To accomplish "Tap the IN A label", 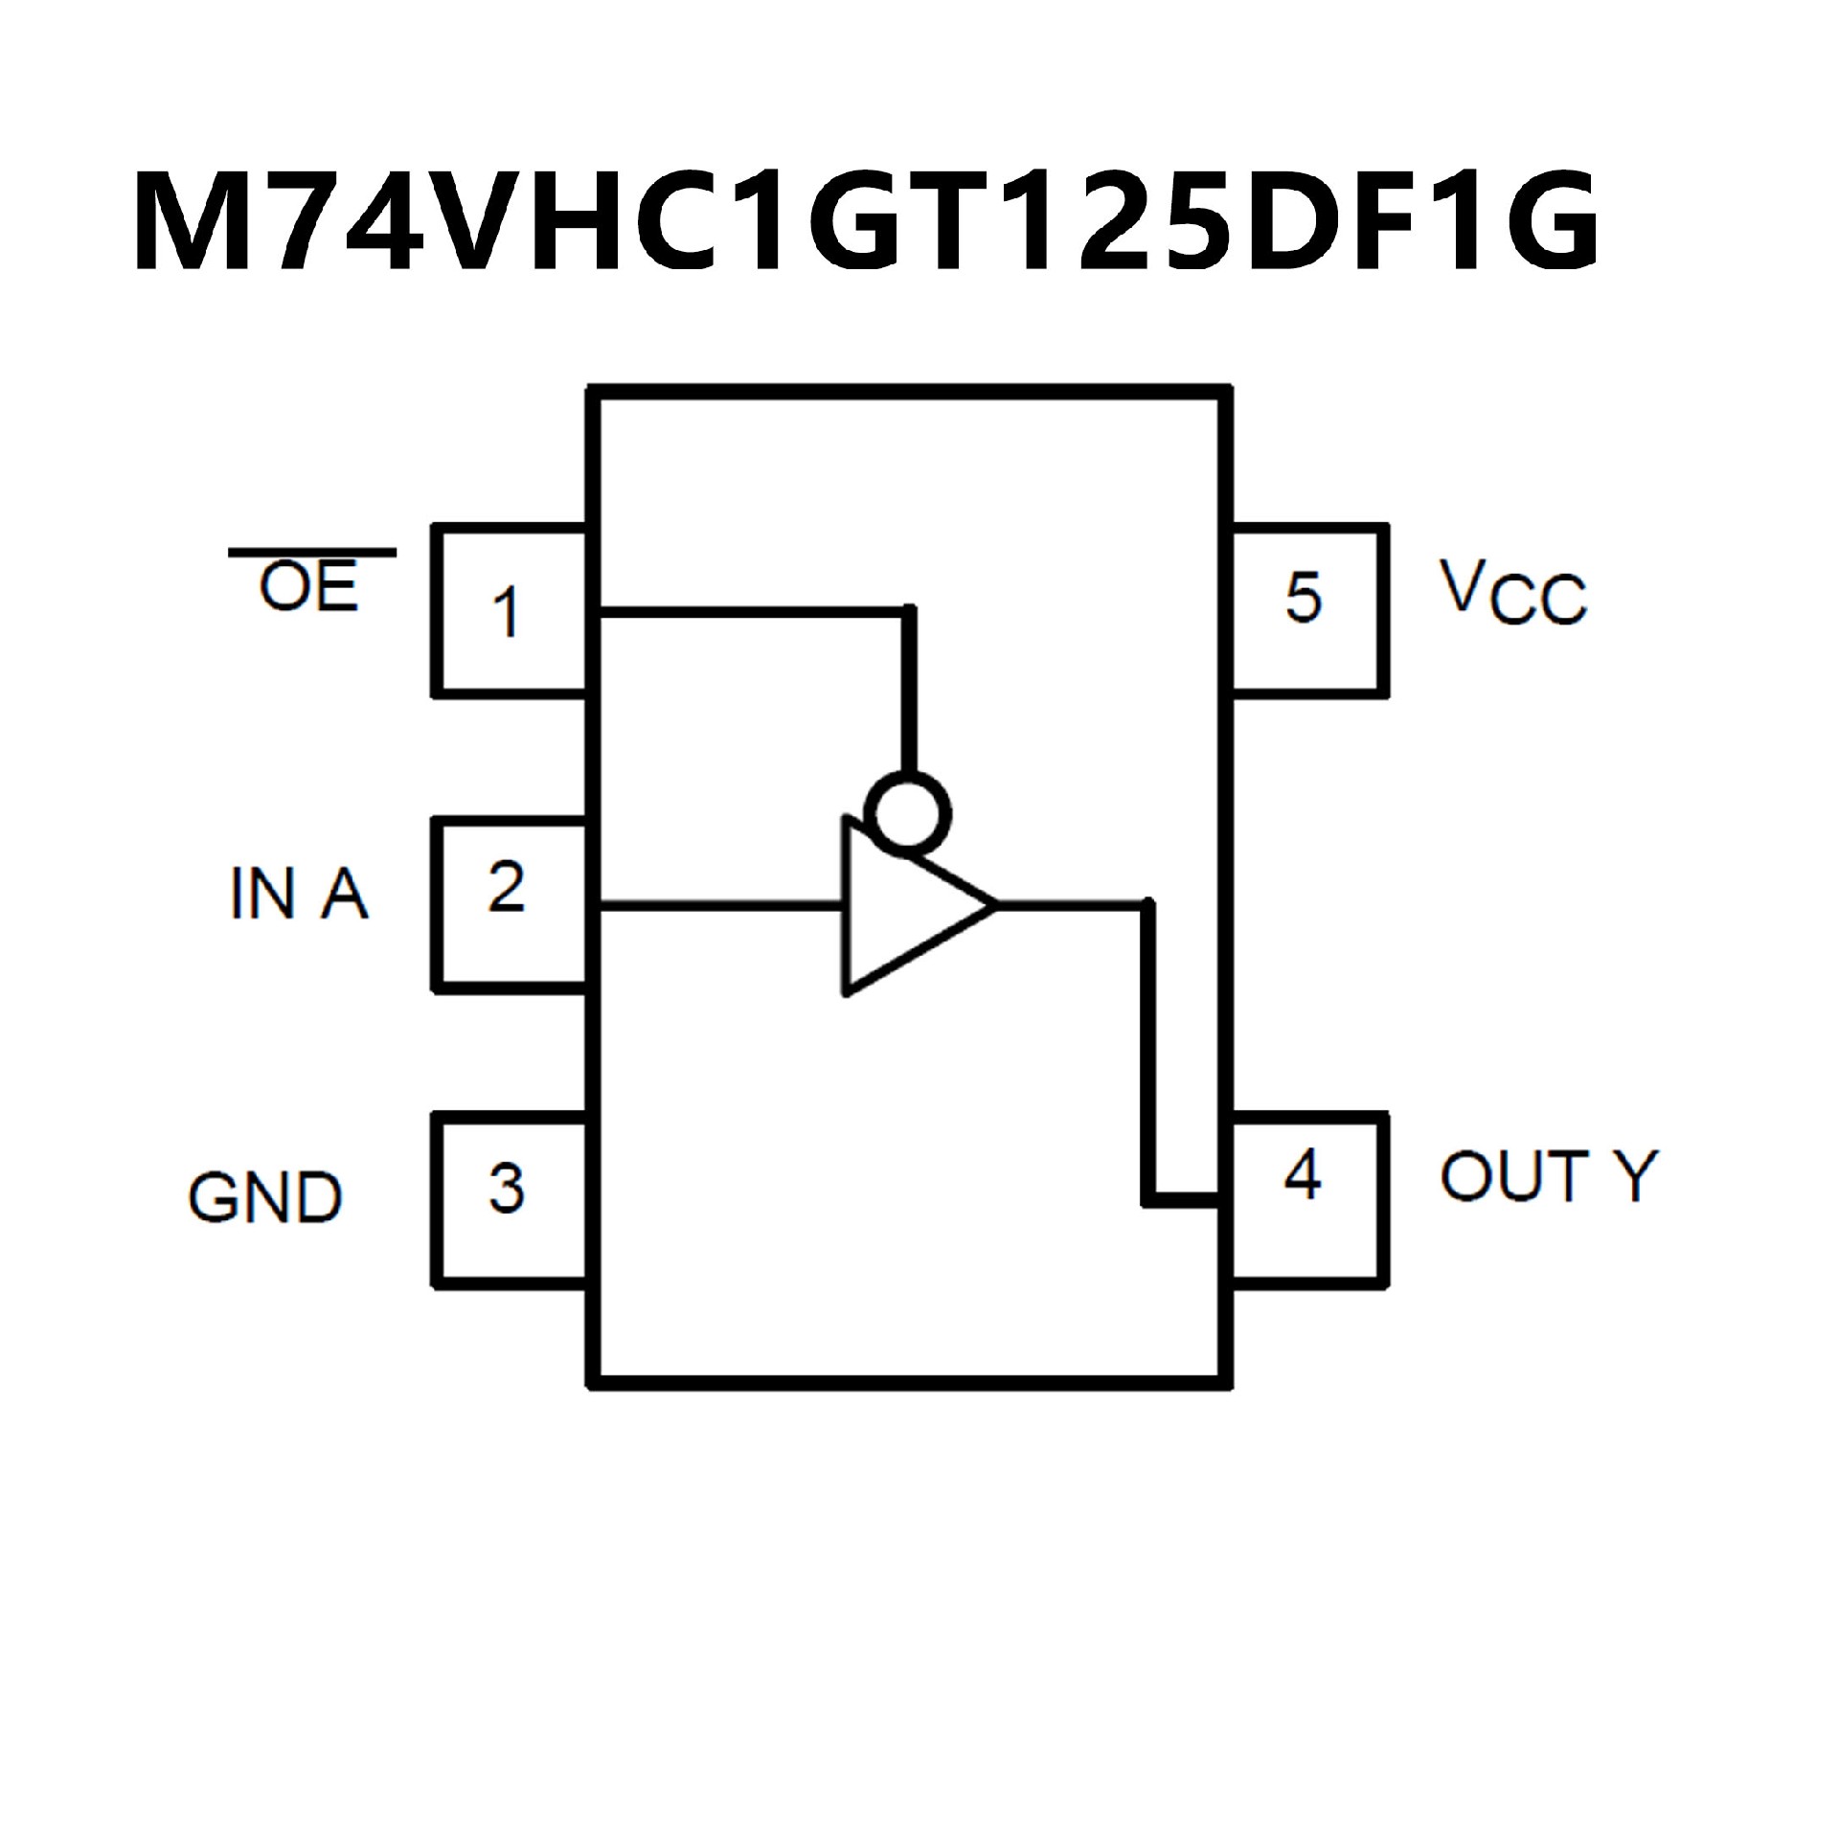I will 299,893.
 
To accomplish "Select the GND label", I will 265,1197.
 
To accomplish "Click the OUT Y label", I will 1547,1176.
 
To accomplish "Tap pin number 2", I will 506,887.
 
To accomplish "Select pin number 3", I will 506,1188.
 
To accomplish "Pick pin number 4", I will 1303,1174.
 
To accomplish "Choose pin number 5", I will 1303,597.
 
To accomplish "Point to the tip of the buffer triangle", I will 994,902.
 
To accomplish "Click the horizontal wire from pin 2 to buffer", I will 718,902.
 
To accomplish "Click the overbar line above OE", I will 312,553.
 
